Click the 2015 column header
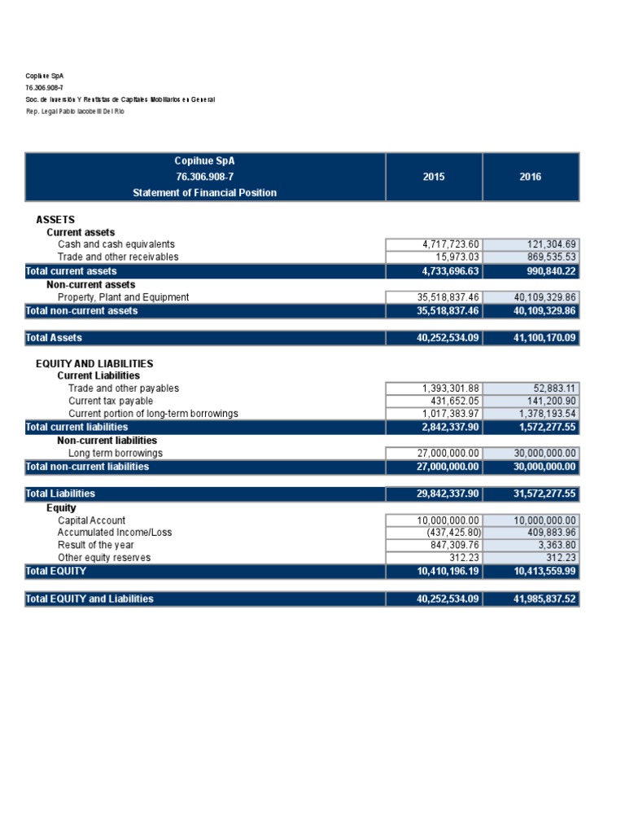pos(434,177)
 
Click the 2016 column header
pos(530,177)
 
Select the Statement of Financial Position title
pos(204,193)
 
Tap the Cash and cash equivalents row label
pos(116,244)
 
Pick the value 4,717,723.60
pos(452,244)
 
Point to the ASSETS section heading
pos(55,220)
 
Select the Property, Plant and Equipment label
pos(123,297)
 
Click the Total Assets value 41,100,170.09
pos(544,337)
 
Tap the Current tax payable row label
pos(110,401)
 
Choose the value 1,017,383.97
pos(452,414)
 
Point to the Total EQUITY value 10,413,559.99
pos(544,572)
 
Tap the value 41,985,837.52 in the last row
pos(544,599)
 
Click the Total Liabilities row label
pos(60,494)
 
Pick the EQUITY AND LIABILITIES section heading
pos(94,363)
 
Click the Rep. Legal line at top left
pos(75,111)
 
